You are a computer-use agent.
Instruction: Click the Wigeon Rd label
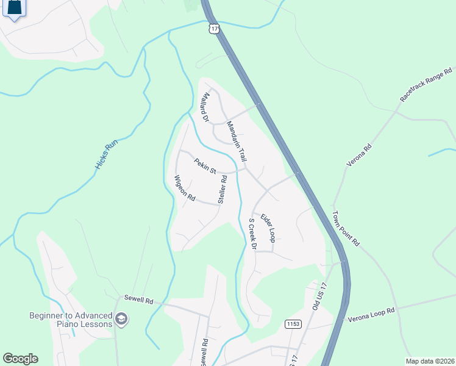pos(184,189)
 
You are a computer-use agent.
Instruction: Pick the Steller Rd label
pos(223,189)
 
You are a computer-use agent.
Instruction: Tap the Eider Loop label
pos(268,228)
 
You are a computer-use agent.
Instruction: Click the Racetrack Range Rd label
pos(426,85)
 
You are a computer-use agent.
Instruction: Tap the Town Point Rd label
pos(346,228)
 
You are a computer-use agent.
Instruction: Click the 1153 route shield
pos(293,323)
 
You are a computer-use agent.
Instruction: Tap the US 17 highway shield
pos(213,29)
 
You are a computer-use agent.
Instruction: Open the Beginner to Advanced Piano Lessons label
pos(71,320)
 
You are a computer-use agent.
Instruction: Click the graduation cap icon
pos(121,319)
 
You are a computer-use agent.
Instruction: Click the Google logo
pos(20,359)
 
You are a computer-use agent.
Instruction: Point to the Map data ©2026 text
pos(430,361)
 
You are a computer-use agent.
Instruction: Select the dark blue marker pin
pos(15,8)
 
